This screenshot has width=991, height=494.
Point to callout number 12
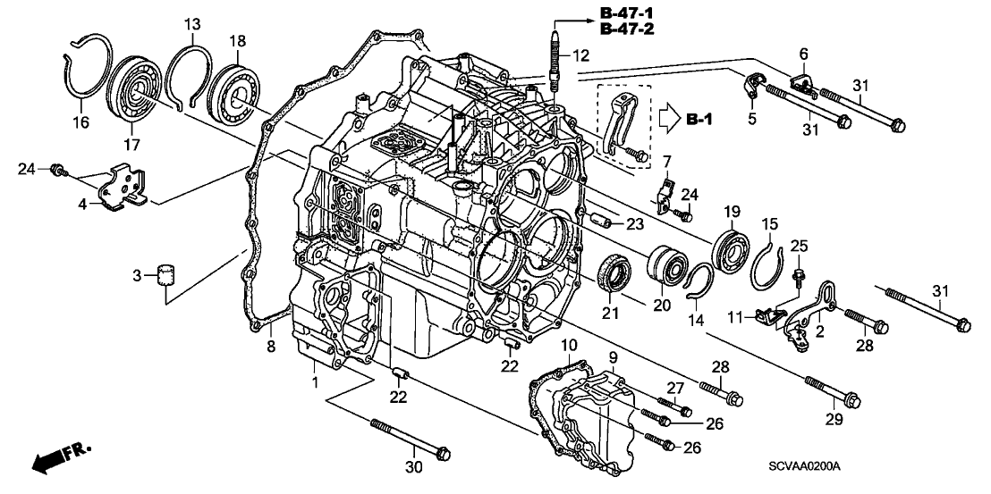(x=580, y=55)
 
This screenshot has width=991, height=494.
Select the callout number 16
(x=80, y=122)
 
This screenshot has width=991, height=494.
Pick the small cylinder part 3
(x=164, y=275)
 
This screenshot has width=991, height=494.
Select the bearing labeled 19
(x=735, y=246)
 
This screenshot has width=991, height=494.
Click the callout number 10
(x=569, y=345)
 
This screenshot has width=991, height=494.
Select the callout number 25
(x=799, y=246)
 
